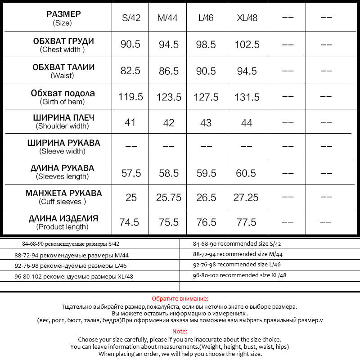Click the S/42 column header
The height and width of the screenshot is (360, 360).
tap(131, 18)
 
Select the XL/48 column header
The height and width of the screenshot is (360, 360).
tap(247, 18)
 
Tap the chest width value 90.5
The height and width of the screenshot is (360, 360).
tap(130, 45)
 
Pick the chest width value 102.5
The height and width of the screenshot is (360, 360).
tap(247, 45)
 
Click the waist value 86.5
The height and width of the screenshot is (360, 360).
tap(169, 71)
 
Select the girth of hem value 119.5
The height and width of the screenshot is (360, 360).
tap(130, 97)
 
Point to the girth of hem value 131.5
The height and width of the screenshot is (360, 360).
tap(247, 97)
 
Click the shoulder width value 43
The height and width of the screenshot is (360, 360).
tap(206, 122)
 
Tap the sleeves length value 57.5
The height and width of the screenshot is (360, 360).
tap(131, 173)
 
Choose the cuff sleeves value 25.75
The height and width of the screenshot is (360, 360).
tap(169, 198)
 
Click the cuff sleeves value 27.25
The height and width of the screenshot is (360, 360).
tap(246, 198)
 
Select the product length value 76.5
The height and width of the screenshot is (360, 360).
tap(206, 223)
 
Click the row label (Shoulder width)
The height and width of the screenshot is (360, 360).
tap(63, 126)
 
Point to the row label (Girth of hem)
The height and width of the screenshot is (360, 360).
tap(63, 102)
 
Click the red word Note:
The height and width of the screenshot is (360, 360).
tap(180, 331)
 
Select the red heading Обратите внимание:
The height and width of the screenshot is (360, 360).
tap(180, 298)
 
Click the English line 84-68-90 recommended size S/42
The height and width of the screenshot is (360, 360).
tap(237, 244)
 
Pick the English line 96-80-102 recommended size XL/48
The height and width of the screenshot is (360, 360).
tap(239, 275)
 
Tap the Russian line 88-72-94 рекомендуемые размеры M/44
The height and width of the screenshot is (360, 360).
tap(72, 255)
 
